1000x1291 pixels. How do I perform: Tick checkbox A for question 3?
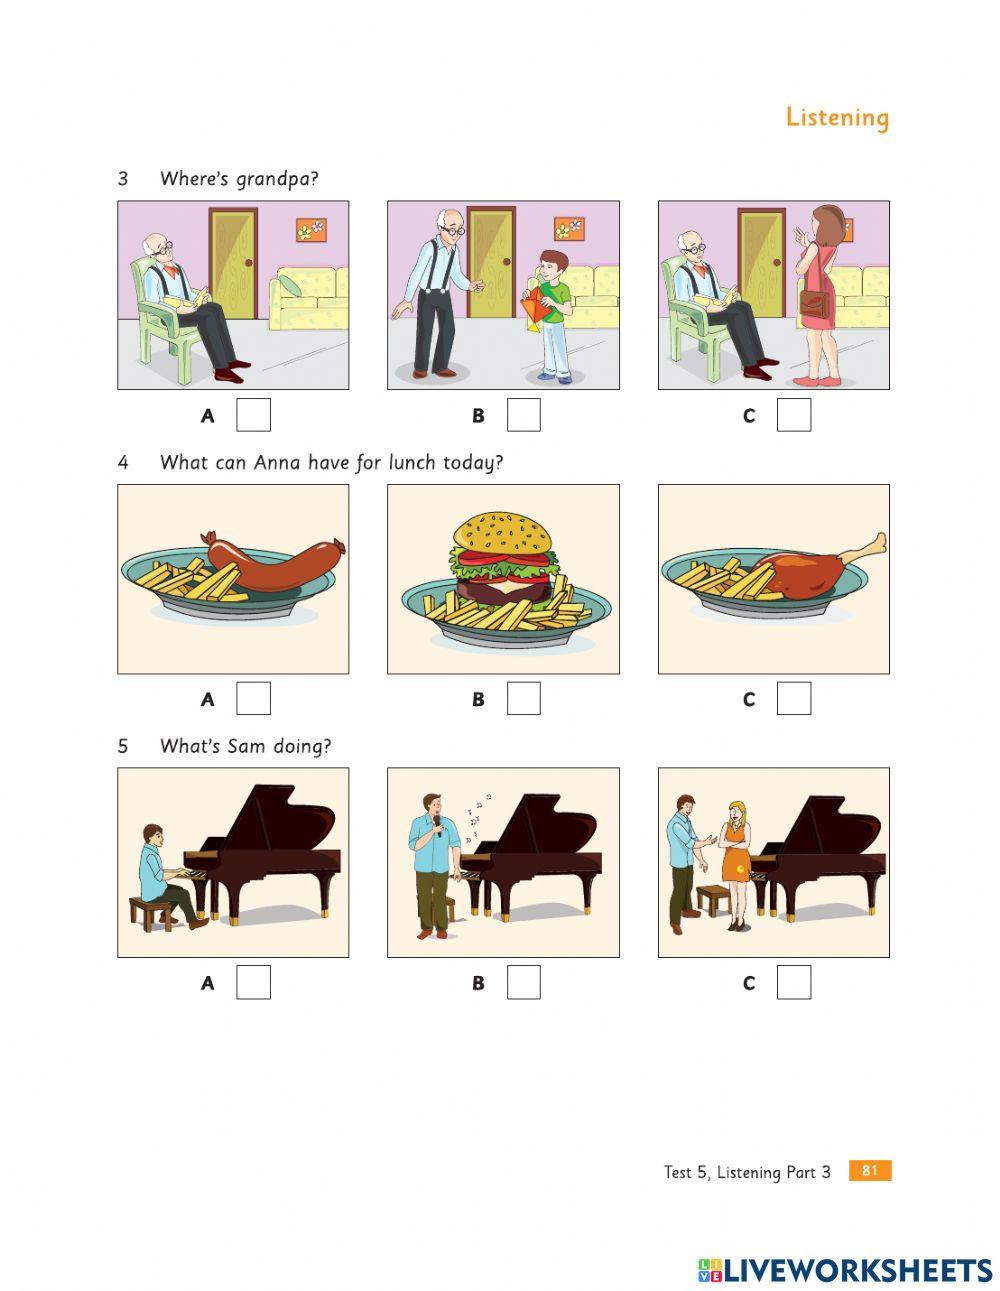253,415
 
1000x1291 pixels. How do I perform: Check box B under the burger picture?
523,699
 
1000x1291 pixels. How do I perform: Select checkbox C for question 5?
794,982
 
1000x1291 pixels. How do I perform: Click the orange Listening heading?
836,117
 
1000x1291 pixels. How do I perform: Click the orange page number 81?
869,1170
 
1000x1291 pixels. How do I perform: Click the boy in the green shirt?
550,310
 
